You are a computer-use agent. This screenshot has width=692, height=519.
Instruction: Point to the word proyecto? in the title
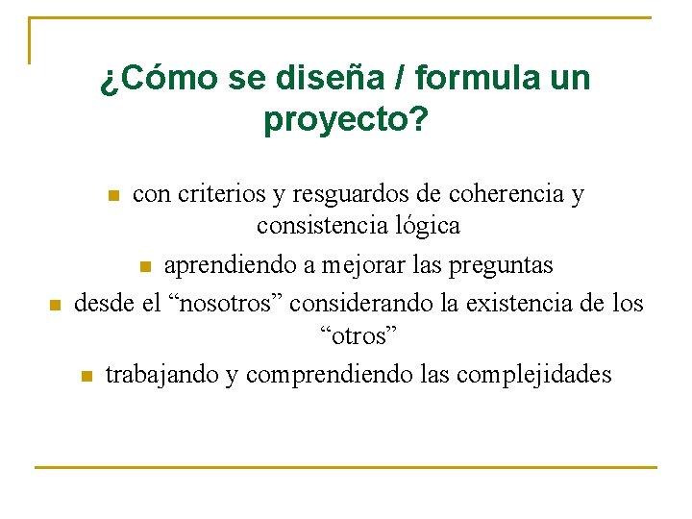(x=345, y=121)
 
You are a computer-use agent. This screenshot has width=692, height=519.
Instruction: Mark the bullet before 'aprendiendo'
(x=145, y=266)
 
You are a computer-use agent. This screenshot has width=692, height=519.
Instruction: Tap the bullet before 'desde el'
(x=55, y=306)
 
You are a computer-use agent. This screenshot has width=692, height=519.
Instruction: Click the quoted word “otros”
(x=358, y=335)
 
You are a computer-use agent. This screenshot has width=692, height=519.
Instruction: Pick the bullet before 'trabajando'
(x=86, y=376)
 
